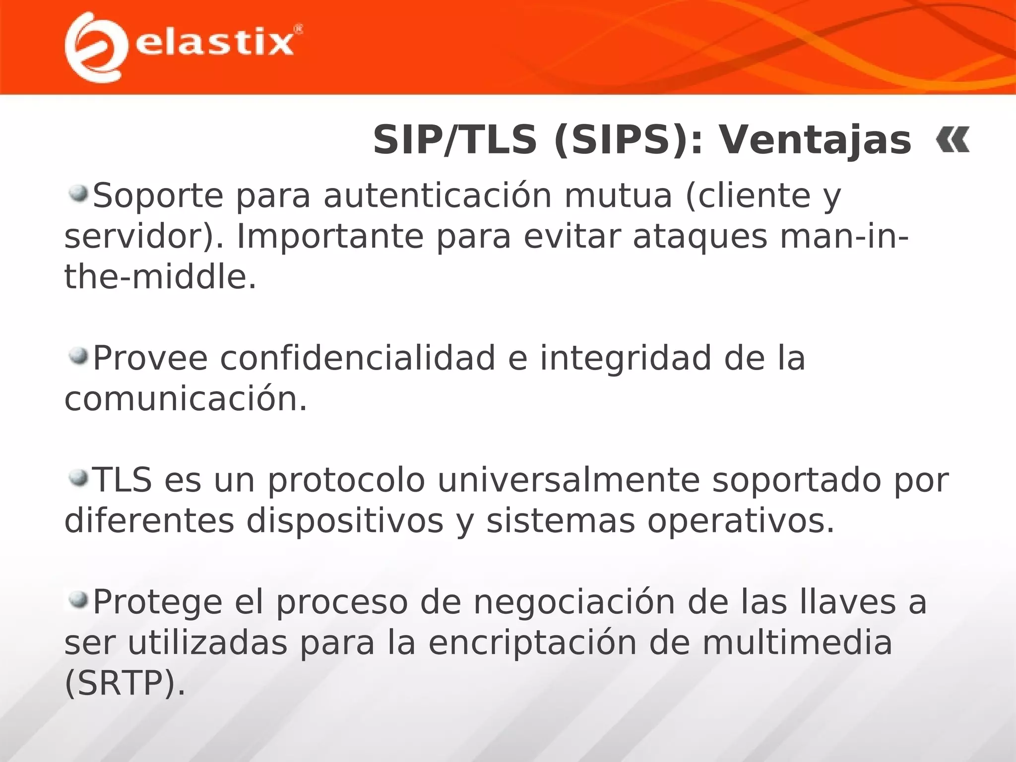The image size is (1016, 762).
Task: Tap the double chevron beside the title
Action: click(x=952, y=140)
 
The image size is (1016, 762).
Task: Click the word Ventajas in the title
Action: click(x=815, y=140)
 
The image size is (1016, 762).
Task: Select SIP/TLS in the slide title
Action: click(x=455, y=140)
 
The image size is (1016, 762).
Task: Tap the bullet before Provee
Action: click(x=78, y=355)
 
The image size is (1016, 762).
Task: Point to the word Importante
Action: click(x=330, y=237)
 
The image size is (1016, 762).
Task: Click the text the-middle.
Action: click(x=160, y=277)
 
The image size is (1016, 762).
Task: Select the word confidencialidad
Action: click(x=357, y=358)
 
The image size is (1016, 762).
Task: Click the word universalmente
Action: click(x=568, y=480)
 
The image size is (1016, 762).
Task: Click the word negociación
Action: click(x=574, y=602)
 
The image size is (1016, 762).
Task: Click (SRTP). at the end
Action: click(x=125, y=684)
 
